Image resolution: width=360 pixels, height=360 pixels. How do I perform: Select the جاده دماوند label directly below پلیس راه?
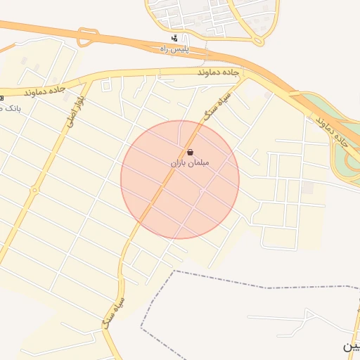(x=219, y=72)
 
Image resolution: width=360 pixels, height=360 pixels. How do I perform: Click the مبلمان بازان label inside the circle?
(x=190, y=162)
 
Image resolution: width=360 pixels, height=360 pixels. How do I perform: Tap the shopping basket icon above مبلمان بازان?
(x=191, y=152)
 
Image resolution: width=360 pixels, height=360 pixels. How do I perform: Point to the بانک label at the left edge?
(x=8, y=108)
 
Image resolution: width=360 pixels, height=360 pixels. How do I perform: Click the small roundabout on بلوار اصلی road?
(x=34, y=190)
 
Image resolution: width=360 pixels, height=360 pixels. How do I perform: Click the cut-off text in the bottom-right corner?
(x=351, y=347)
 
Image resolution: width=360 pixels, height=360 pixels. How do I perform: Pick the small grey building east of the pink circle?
(x=307, y=188)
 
